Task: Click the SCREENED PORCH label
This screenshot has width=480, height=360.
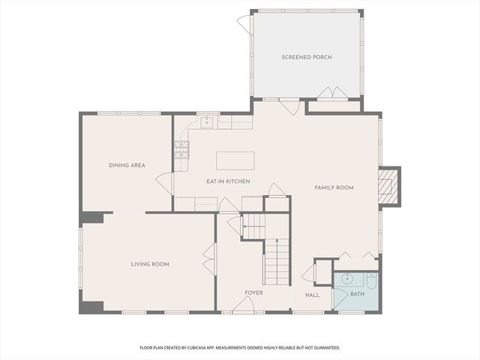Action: pyautogui.click(x=307, y=57)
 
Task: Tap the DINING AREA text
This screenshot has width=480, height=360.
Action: pyautogui.click(x=127, y=165)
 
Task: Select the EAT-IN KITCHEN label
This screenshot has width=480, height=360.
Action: pyautogui.click(x=228, y=181)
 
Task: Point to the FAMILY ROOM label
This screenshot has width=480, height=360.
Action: pyautogui.click(x=334, y=187)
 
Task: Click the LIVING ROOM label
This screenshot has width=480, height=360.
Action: pyautogui.click(x=150, y=264)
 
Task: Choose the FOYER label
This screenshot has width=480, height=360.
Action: pyautogui.click(x=253, y=292)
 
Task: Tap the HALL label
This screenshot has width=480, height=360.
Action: pyautogui.click(x=312, y=295)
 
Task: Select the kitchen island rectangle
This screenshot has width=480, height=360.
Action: pyautogui.click(x=235, y=160)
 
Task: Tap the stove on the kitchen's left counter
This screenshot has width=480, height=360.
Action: pyautogui.click(x=181, y=150)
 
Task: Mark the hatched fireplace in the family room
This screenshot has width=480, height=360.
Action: pyautogui.click(x=388, y=186)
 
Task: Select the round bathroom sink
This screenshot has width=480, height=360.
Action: pyautogui.click(x=346, y=279)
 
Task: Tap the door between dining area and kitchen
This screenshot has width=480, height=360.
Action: pyautogui.click(x=164, y=182)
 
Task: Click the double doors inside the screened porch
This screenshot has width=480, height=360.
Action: pyautogui.click(x=332, y=93)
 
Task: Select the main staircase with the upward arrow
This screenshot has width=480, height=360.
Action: pyautogui.click(x=276, y=259)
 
